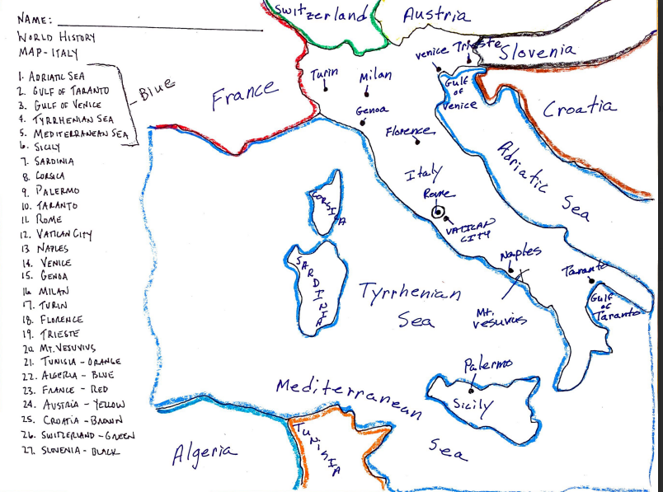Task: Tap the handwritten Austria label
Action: [437, 15]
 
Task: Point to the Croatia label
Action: [579, 108]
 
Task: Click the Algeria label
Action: [204, 452]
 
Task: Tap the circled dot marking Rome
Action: [437, 213]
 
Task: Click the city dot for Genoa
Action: [362, 124]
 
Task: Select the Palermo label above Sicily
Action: [487, 363]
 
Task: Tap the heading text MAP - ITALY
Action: [47, 54]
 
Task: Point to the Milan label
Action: [375, 77]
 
